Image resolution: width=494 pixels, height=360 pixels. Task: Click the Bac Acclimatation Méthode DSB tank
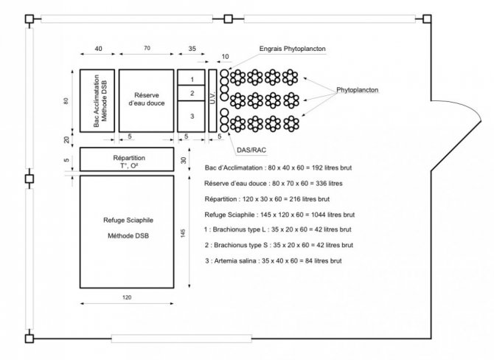pos(97,100)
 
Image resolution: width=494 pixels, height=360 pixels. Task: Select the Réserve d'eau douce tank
pos(146,100)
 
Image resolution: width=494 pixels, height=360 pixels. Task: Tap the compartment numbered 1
pos(191,77)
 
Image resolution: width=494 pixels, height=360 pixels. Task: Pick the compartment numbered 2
pos(191,93)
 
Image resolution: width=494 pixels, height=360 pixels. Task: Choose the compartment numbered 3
pos(191,117)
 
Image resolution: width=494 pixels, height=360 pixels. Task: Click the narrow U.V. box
pos(212,100)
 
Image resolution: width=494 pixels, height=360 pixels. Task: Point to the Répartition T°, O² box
pos(127,159)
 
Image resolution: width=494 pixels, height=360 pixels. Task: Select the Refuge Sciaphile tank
pos(127,232)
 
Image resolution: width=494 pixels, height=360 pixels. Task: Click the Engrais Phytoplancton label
pos(293,49)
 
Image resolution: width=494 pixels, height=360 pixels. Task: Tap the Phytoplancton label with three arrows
pos(358,90)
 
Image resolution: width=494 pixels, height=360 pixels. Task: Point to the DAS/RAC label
pos(251,150)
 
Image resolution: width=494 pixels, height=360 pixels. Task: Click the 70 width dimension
pos(147,48)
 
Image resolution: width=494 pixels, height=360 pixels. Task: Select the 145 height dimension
pos(183,233)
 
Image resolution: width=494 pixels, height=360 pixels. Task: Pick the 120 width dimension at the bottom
pos(127,297)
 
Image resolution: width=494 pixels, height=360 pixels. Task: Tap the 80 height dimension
pos(66,101)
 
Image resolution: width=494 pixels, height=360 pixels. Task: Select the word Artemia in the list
pos(226,261)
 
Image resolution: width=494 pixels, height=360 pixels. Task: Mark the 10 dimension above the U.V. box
pos(225,57)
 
